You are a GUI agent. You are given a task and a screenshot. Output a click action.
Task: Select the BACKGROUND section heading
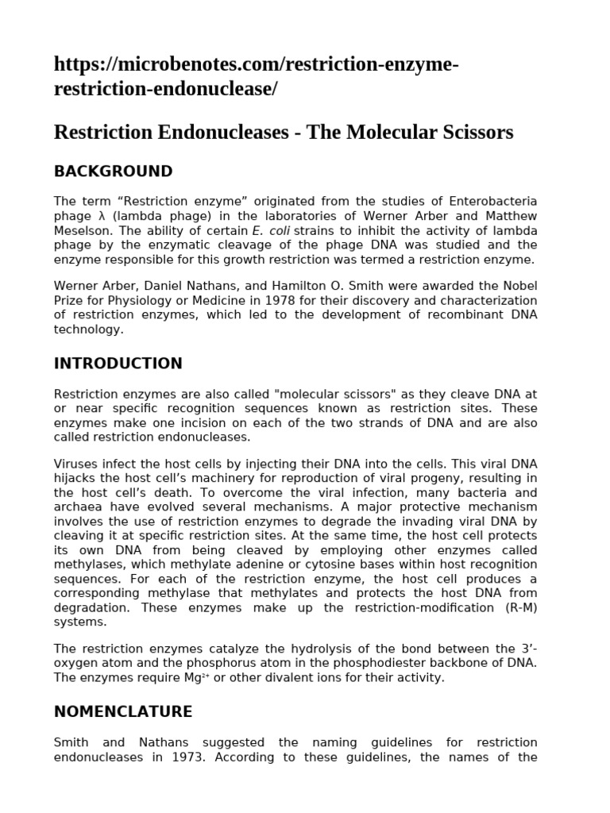click(x=113, y=171)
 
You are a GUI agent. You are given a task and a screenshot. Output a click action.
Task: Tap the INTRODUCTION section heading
click(x=118, y=364)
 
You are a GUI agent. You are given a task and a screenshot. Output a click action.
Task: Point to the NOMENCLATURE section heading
click(x=122, y=711)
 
